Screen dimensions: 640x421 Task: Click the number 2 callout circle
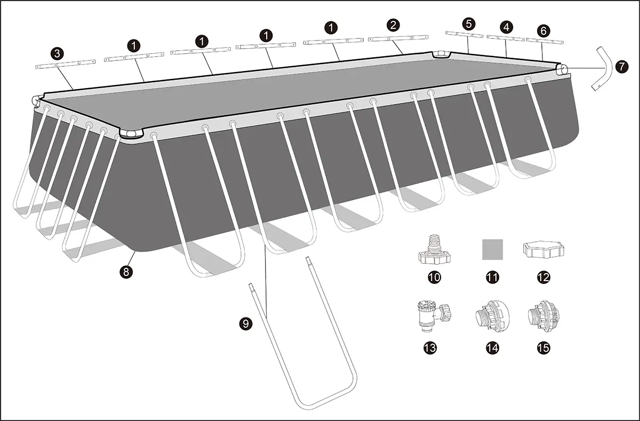coord(393,25)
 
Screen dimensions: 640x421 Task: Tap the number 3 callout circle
coord(58,53)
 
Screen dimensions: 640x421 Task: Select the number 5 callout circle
coord(469,24)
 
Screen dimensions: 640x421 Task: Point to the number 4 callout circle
coord(506,27)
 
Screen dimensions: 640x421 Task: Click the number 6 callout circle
coord(543,30)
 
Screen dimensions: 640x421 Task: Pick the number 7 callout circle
coord(622,67)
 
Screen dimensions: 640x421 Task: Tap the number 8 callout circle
coord(126,272)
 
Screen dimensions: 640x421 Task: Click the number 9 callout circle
coord(246,324)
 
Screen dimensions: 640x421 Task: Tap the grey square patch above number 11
coord(493,250)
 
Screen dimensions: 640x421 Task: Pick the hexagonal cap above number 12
coord(543,249)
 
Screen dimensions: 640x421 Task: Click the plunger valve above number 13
coord(433,315)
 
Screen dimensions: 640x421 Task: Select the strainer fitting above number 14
coord(492,316)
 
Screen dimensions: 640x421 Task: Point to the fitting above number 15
coord(543,316)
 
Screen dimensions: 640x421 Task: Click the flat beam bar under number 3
coord(66,65)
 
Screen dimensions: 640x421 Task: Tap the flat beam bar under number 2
coord(398,38)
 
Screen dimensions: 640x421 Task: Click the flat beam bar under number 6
coord(545,41)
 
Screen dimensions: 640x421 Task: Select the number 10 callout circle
coord(434,277)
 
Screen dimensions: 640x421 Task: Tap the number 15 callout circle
coord(543,348)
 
